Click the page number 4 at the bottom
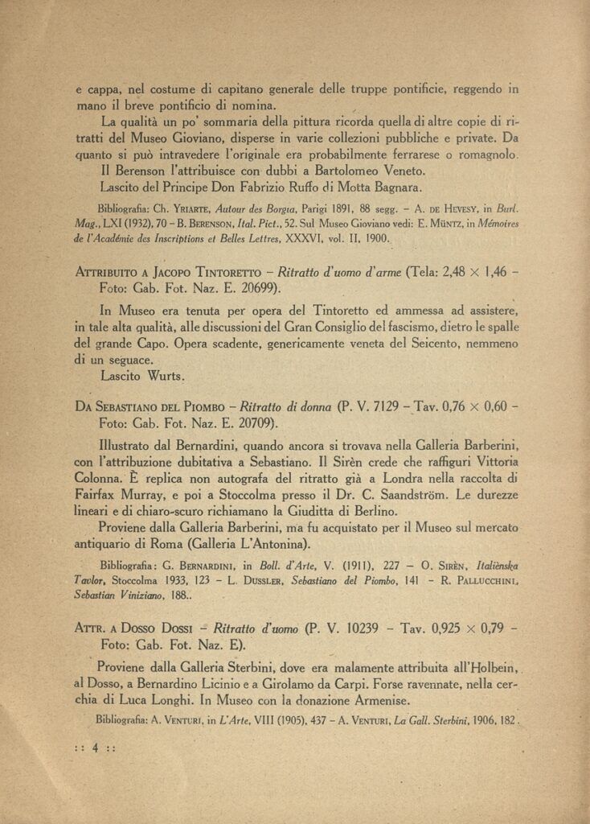pos(95,747)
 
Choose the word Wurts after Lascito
pos(166,376)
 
